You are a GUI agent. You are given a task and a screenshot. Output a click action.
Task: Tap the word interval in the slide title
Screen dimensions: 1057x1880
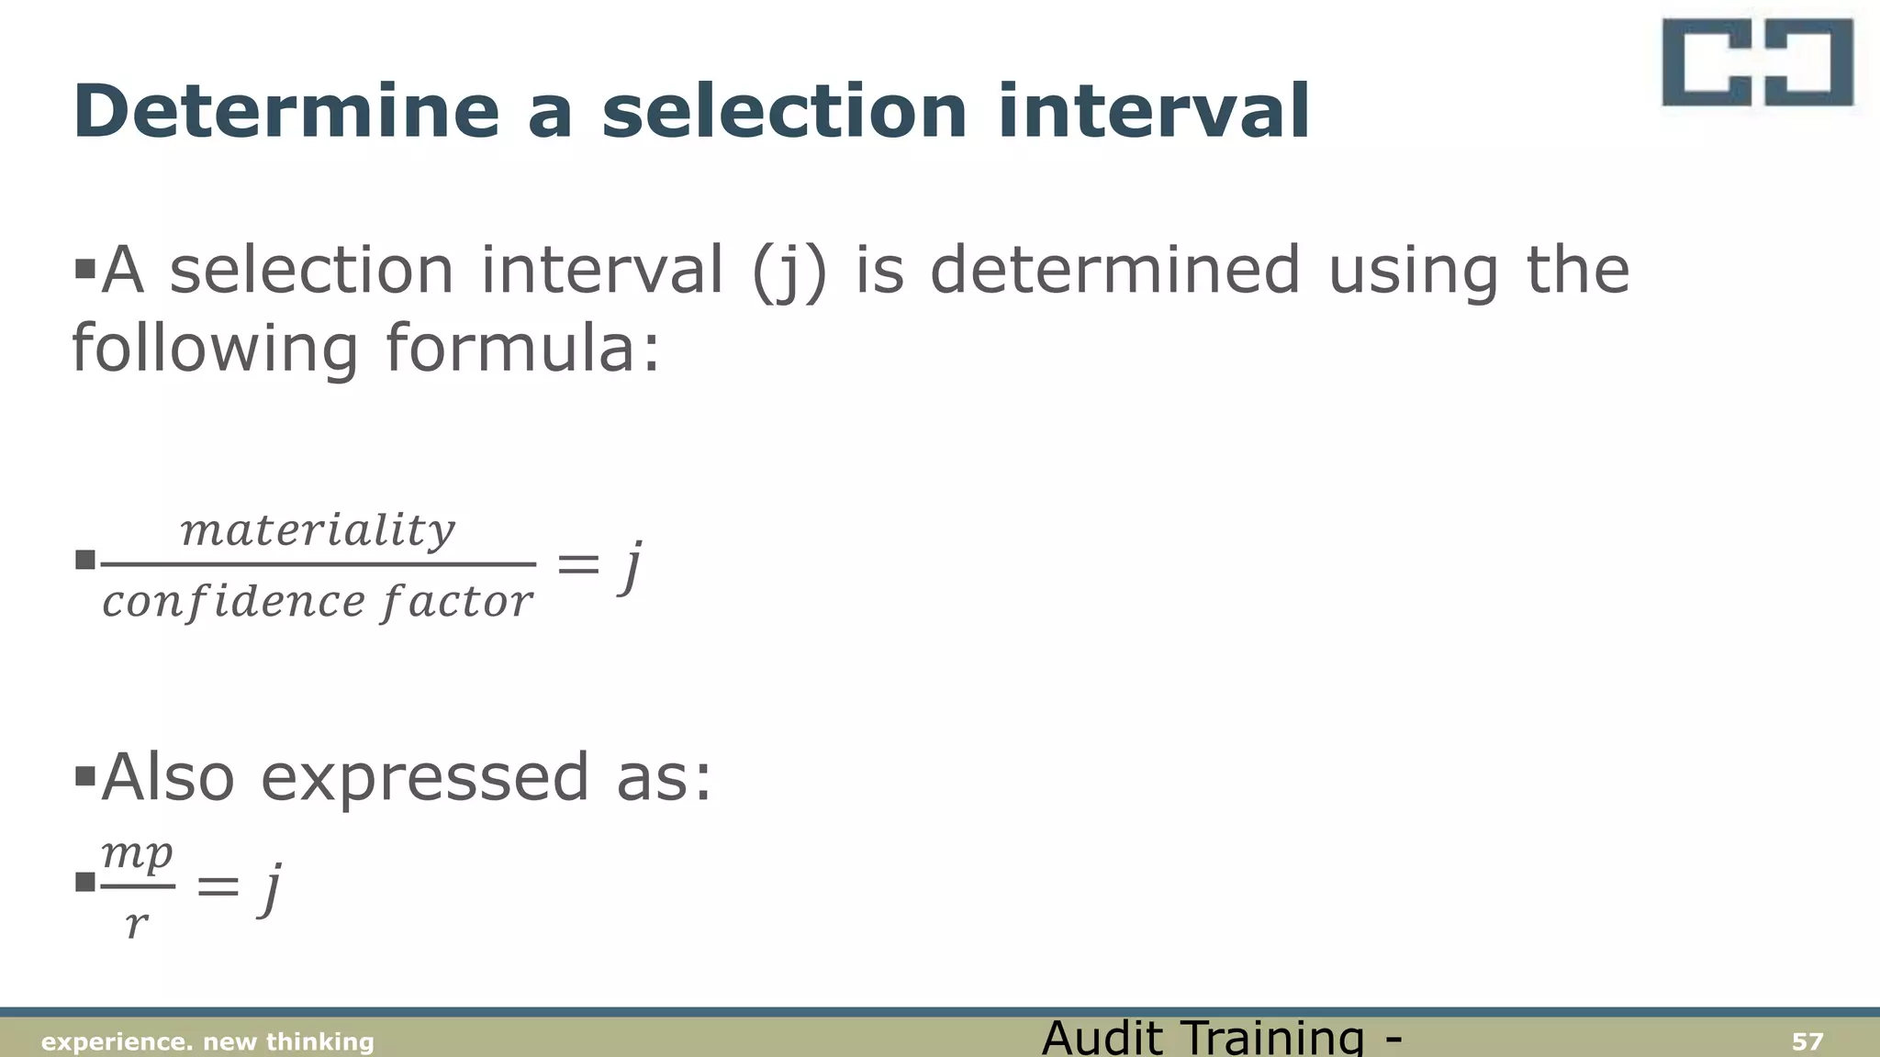tap(1153, 112)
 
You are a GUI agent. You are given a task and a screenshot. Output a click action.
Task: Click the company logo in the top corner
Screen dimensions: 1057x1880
tap(1757, 62)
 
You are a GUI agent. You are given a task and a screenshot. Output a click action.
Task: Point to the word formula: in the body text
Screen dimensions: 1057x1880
tap(522, 349)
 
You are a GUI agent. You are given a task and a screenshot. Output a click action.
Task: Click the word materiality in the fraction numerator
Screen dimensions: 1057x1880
tap(318, 530)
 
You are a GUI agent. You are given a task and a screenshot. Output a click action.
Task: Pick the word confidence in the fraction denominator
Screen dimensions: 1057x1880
tap(233, 602)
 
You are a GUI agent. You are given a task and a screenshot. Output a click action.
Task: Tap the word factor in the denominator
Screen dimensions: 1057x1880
tap(457, 602)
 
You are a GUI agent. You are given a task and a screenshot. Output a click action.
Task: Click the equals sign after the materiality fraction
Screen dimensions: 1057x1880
tap(578, 563)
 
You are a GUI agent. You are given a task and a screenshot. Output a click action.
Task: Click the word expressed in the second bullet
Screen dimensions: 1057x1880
tap(424, 777)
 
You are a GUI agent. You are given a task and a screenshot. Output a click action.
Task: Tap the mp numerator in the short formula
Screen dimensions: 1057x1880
tap(137, 855)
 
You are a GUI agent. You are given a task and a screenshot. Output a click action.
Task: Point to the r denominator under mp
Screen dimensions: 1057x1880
tap(136, 922)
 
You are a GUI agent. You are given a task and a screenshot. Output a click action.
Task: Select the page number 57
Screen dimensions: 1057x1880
tap(1807, 1041)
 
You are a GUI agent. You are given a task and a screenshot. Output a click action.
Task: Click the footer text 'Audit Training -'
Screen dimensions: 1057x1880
tap(1222, 1038)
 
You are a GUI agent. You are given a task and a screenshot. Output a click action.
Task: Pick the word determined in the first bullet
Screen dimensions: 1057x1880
tap(1115, 271)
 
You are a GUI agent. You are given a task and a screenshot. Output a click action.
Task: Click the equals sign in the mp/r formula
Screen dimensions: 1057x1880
tap(218, 886)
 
